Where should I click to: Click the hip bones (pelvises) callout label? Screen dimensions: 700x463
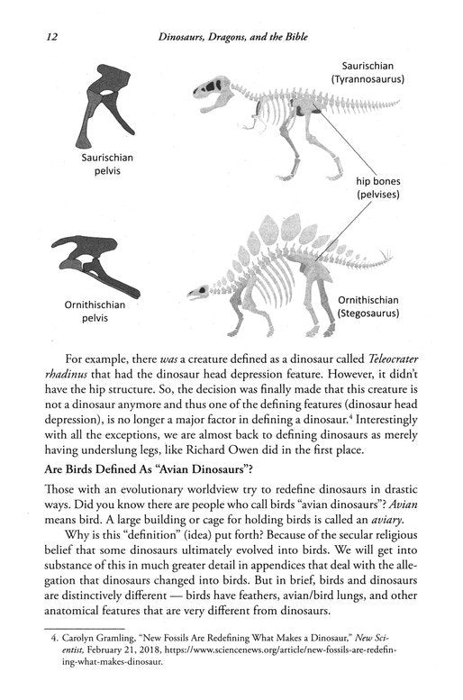pos(384,186)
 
